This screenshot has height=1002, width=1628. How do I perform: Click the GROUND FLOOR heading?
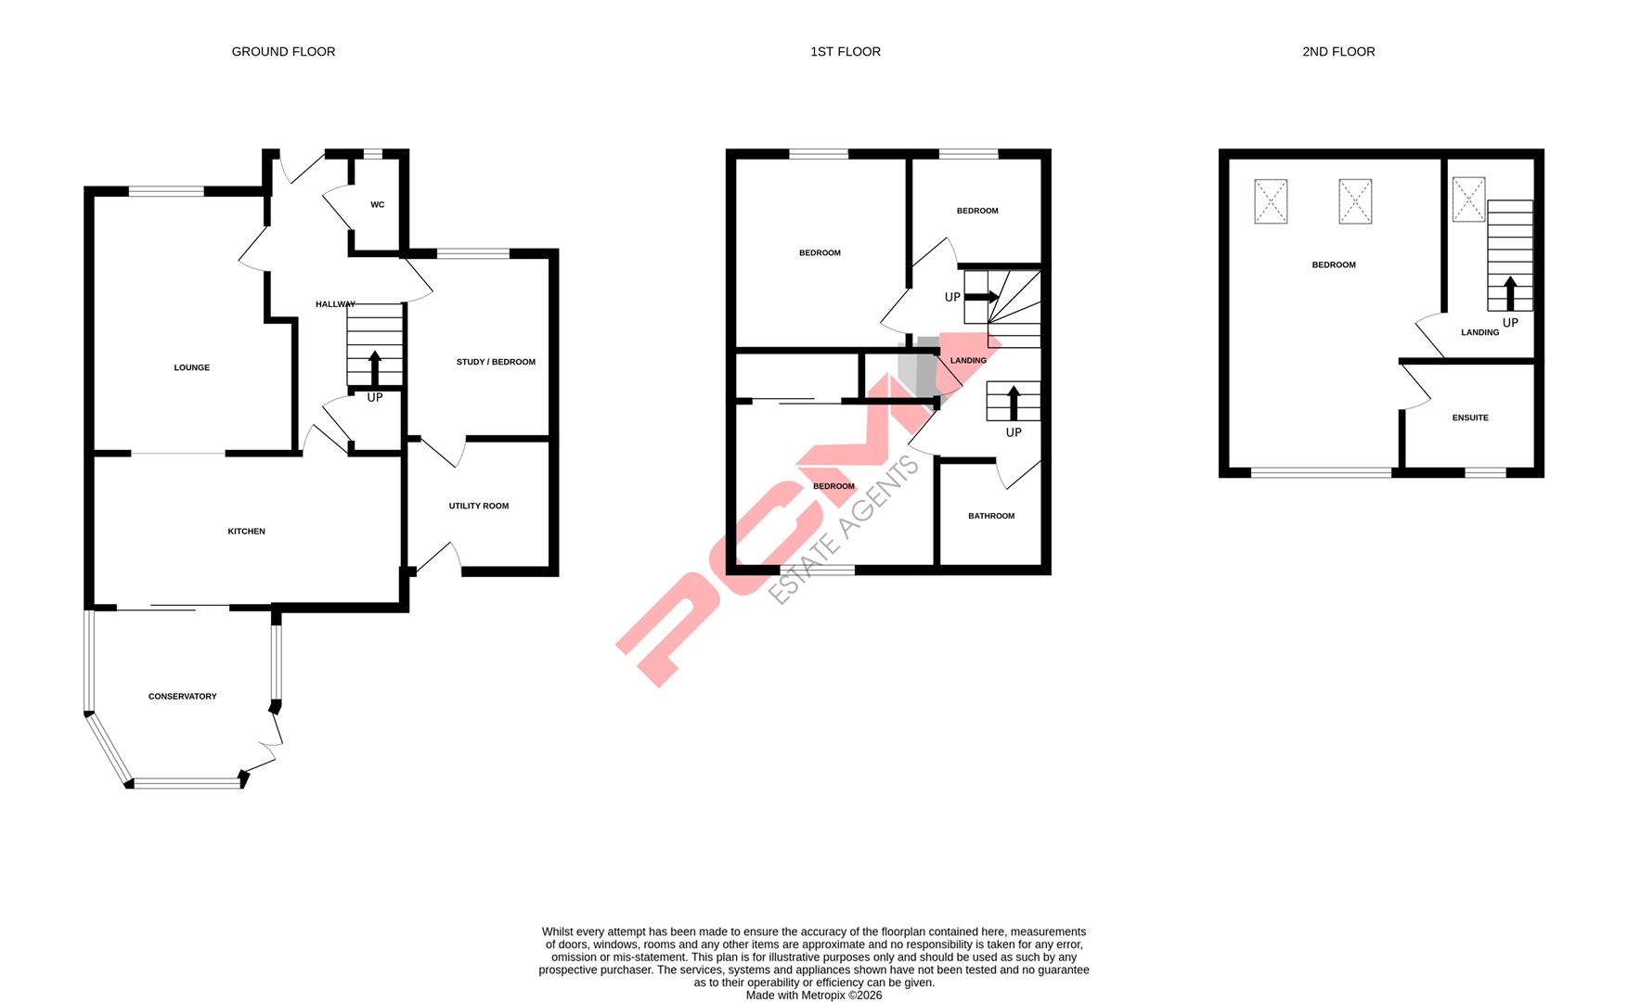coord(283,52)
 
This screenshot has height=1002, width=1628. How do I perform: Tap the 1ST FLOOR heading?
coord(845,52)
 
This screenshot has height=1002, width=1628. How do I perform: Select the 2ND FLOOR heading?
coord(1337,52)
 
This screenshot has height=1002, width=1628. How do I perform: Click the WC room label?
coord(377,205)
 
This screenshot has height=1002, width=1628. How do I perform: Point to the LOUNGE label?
coord(191,368)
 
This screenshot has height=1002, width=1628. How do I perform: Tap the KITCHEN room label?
coord(246,532)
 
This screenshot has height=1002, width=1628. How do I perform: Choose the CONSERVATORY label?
coord(182,697)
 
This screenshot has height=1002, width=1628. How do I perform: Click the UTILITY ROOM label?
coord(478,507)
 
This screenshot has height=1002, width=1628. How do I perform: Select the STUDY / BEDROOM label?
coord(496,362)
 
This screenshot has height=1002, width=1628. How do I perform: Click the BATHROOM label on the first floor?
coord(990,517)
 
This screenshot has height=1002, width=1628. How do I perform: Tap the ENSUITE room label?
coord(1469,418)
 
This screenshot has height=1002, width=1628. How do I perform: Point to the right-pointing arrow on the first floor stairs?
coord(982,298)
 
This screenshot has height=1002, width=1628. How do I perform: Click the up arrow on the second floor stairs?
coord(1509,293)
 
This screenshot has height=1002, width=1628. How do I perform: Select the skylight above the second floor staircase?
coord(1468,199)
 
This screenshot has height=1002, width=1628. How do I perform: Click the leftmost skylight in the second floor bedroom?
coord(1271,201)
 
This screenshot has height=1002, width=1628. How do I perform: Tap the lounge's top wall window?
coord(166,192)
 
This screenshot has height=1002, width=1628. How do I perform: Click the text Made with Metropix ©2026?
coord(813,996)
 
